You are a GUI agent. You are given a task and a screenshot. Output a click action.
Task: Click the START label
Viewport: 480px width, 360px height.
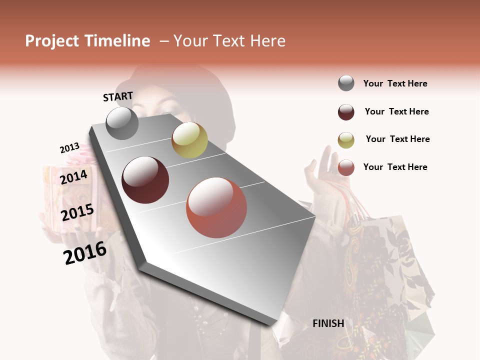point(118,96)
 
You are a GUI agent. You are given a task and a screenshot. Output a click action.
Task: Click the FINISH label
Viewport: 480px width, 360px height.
point(328,323)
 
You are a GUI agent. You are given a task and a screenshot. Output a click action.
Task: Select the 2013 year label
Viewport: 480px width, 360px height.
point(70,148)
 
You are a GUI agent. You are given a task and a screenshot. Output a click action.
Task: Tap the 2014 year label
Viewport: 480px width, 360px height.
point(74,177)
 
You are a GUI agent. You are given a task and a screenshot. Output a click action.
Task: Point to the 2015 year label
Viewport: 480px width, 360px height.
point(77,212)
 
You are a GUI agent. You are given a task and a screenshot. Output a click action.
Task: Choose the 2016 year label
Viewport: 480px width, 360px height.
point(85,252)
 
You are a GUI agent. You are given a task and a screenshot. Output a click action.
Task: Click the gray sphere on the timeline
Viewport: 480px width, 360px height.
point(122,123)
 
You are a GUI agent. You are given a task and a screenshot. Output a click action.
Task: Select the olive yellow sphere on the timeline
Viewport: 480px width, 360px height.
point(189,140)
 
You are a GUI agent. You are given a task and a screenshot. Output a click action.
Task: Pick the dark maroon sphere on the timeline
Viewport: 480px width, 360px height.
point(145,179)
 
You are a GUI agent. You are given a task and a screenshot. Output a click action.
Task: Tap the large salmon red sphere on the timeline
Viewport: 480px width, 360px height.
point(216,207)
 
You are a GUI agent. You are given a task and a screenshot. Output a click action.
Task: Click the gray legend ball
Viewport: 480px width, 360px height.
point(346,83)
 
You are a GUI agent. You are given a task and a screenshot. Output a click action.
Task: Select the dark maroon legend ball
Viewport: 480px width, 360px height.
point(346,112)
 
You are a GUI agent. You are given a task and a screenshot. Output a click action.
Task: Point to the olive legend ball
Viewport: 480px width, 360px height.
point(346,140)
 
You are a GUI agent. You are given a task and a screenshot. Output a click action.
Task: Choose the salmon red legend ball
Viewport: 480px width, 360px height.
point(346,167)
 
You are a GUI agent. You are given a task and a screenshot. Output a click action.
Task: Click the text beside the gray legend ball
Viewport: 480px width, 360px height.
point(395,83)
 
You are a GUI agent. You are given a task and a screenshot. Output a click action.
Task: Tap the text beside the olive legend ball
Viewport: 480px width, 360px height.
point(397,139)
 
